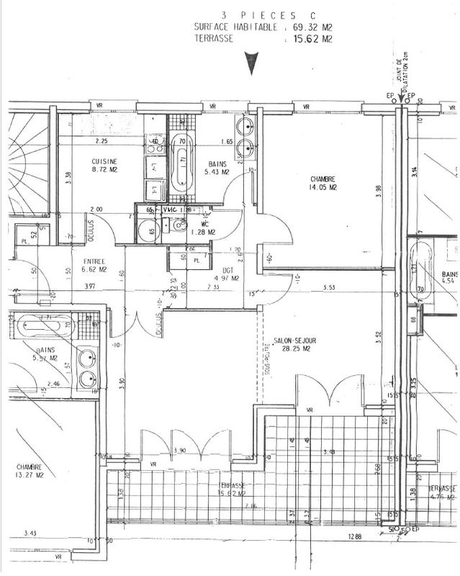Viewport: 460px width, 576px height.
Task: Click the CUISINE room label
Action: pyautogui.click(x=104, y=161)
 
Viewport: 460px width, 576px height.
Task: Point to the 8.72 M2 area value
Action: pyautogui.click(x=104, y=171)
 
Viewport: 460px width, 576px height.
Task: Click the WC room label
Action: pyautogui.click(x=204, y=223)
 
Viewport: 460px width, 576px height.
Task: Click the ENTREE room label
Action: pyautogui.click(x=94, y=261)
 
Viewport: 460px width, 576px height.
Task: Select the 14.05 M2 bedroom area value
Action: pyautogui.click(x=324, y=187)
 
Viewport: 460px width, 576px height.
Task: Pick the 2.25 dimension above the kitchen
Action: pyautogui.click(x=101, y=141)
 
